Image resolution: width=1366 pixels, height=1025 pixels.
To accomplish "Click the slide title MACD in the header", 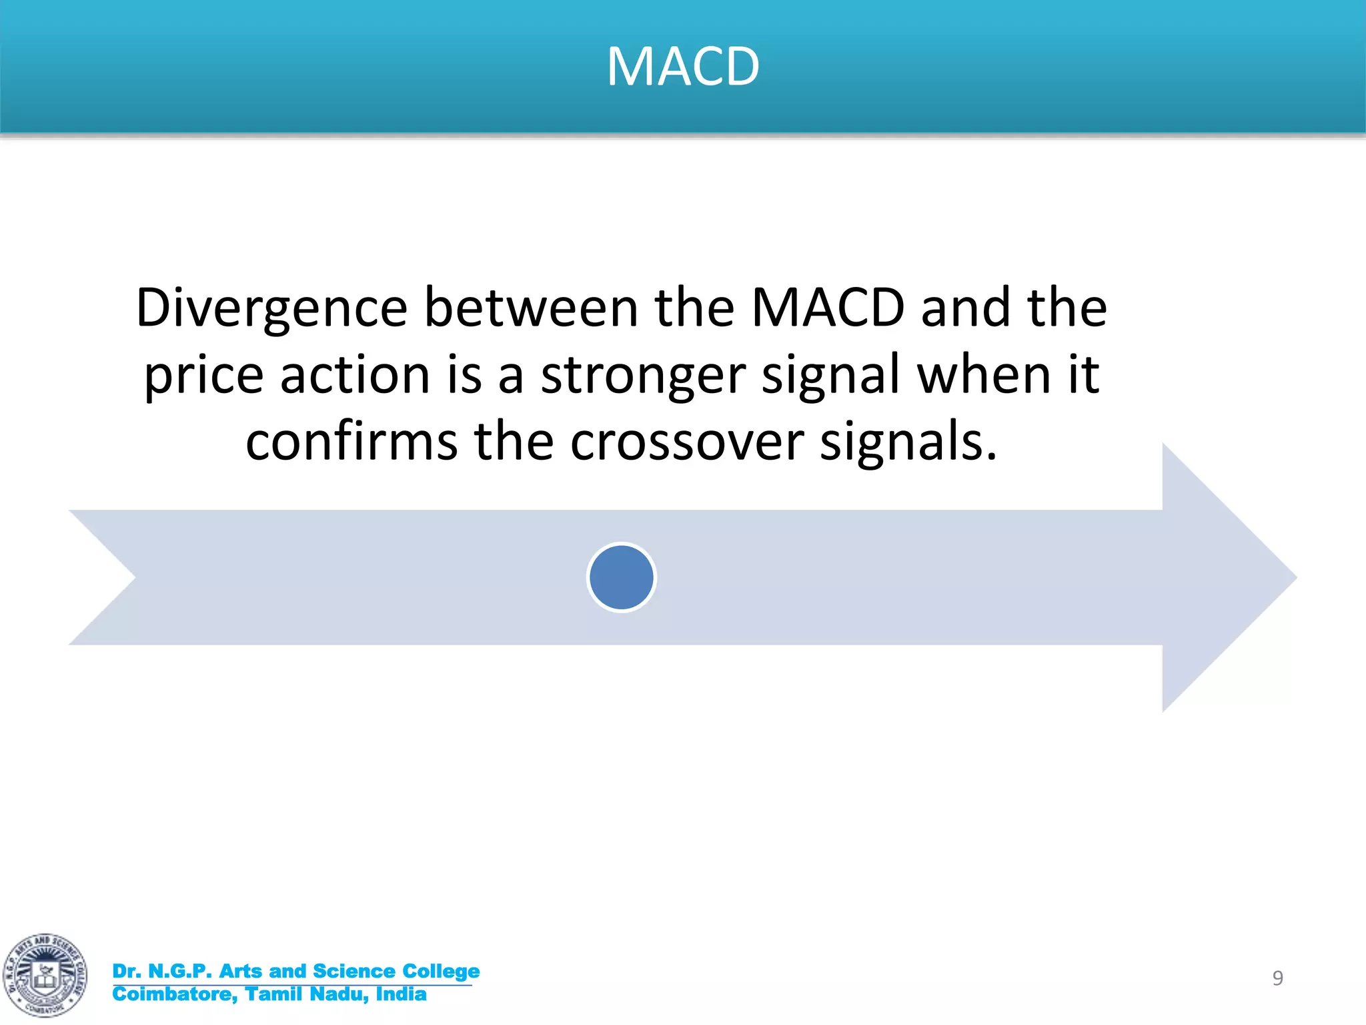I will pyautogui.click(x=683, y=67).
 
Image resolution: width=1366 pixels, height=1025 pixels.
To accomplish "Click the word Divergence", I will pyautogui.click(x=271, y=308).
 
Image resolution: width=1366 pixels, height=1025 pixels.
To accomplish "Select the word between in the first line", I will pyautogui.click(x=531, y=308).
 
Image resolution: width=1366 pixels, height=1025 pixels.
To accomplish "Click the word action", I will pyautogui.click(x=355, y=375).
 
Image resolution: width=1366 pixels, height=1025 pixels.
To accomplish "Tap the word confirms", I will pyautogui.click(x=352, y=442).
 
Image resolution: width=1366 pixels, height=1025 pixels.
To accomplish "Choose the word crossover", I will pyautogui.click(x=687, y=443).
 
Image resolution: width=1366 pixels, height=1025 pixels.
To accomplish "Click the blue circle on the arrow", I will pyautogui.click(x=622, y=577).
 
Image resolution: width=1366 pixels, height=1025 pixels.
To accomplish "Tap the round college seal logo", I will pyautogui.click(x=45, y=975).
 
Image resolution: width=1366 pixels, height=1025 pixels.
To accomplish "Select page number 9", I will pyautogui.click(x=1277, y=978).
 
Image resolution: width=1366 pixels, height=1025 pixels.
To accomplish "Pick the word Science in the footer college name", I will pyautogui.click(x=354, y=971).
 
